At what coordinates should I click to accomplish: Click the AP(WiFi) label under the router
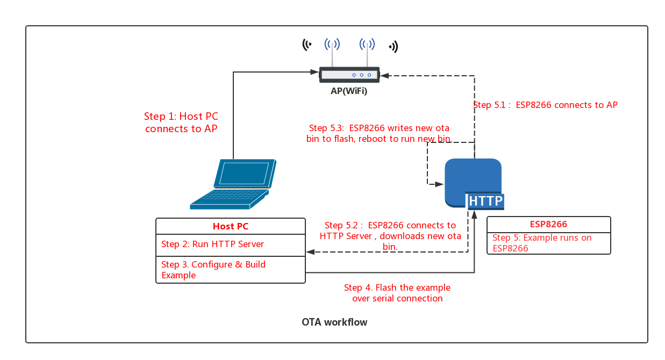(349, 91)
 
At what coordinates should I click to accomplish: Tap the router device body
(349, 75)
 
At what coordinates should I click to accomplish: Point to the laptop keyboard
(230, 198)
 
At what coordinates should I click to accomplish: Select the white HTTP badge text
(485, 201)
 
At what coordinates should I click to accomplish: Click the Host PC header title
(231, 226)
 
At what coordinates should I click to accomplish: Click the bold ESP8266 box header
(548, 224)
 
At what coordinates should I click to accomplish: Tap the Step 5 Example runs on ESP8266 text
(542, 243)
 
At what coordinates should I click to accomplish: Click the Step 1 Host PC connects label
(181, 123)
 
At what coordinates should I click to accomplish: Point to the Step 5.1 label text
(545, 105)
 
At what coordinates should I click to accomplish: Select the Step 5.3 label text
(379, 133)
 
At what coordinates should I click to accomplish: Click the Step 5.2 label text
(390, 236)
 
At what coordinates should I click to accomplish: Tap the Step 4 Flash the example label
(397, 293)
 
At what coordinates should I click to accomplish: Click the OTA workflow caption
(334, 322)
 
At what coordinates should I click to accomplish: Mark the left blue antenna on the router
(332, 52)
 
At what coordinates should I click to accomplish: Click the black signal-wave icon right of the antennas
(394, 47)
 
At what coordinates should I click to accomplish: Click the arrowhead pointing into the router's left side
(314, 72)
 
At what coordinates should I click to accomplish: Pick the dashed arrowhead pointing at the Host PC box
(311, 252)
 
